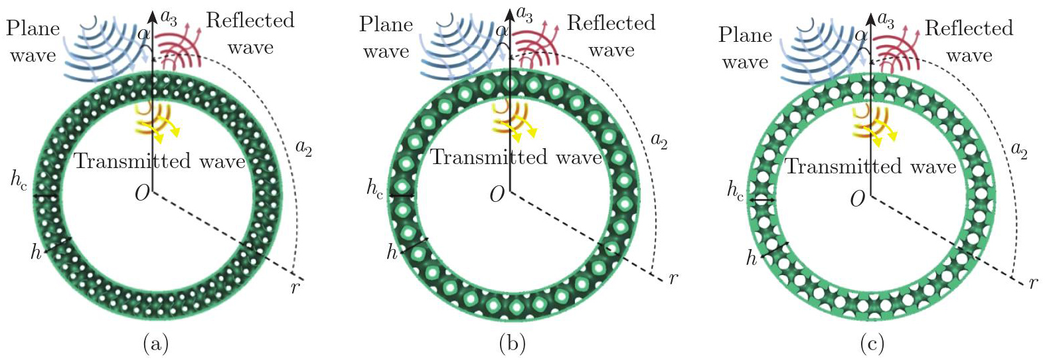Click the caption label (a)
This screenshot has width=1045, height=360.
[156, 343]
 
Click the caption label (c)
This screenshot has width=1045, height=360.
[872, 343]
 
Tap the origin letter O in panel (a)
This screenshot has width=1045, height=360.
[141, 194]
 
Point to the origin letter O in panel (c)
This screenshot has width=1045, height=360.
[857, 198]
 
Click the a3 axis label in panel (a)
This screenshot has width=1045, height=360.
[169, 17]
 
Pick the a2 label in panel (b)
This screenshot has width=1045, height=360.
[659, 140]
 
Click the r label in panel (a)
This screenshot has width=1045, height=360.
[294, 288]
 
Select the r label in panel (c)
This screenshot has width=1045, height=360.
[1033, 283]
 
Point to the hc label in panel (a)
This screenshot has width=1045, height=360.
[19, 179]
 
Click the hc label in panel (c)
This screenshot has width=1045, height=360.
[735, 191]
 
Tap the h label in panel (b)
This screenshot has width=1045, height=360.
[392, 252]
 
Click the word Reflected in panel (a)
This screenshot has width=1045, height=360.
[250, 21]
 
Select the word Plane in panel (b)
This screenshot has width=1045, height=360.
[386, 25]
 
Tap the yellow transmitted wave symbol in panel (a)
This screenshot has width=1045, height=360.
[157, 120]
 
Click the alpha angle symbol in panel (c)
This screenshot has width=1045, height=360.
[861, 36]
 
